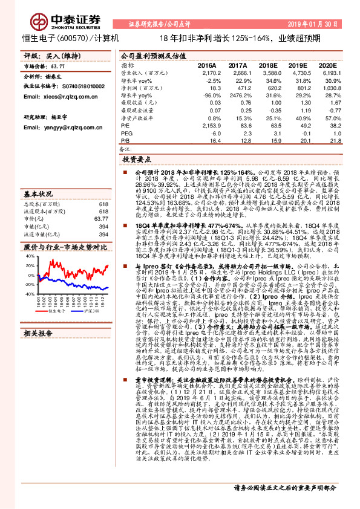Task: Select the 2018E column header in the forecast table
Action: [x=268, y=65]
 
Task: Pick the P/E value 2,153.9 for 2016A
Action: [x=209, y=125]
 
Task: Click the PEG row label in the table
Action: [x=126, y=132]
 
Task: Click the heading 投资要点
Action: [x=136, y=161]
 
